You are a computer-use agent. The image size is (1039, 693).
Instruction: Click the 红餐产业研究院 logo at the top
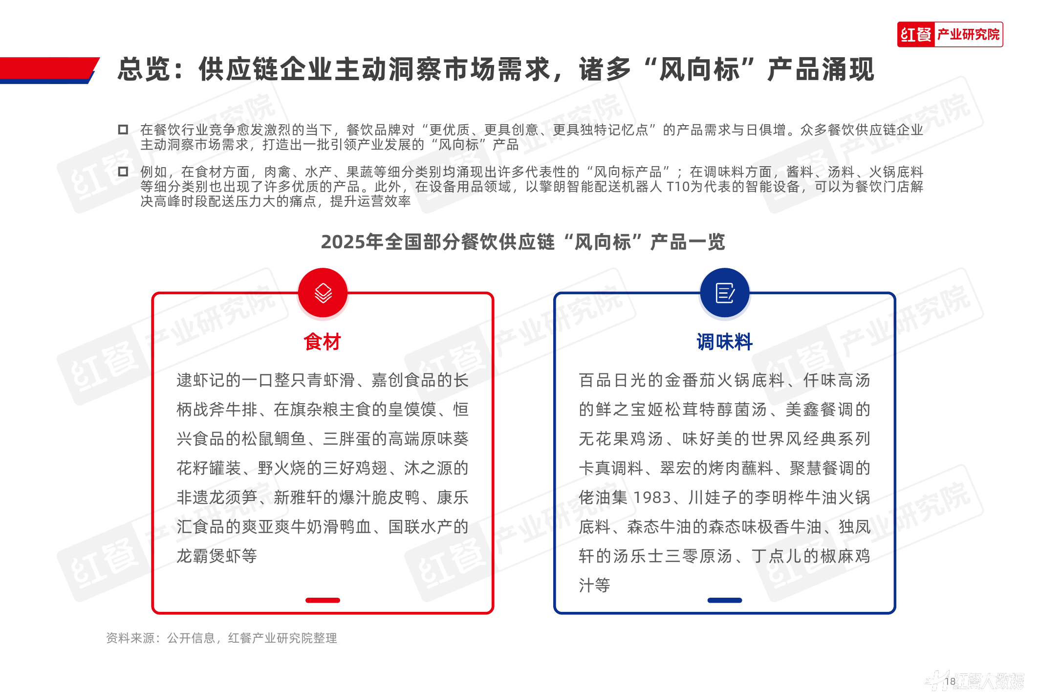click(950, 34)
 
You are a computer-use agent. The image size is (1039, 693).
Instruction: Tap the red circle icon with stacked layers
click(323, 293)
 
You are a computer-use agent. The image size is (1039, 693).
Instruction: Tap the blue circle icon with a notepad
click(725, 293)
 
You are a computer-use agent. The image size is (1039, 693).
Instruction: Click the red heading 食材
click(322, 342)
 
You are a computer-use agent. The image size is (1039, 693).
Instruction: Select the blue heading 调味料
click(725, 342)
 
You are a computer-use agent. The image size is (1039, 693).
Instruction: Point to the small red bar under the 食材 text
click(323, 600)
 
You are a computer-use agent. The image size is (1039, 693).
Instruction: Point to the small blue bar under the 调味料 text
click(725, 600)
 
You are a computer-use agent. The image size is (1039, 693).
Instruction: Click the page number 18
click(950, 681)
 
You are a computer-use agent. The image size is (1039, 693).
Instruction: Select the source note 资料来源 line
click(221, 638)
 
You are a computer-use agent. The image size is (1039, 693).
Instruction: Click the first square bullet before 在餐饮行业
click(123, 130)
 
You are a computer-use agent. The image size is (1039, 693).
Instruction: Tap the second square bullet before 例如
click(123, 172)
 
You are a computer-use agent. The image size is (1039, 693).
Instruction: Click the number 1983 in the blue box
click(652, 498)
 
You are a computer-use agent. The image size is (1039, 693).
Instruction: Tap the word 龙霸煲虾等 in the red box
click(216, 556)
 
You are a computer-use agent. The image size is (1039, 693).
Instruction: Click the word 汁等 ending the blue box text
click(594, 585)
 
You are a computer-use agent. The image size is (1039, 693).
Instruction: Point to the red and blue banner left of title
click(49, 70)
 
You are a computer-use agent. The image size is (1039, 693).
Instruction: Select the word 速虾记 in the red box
click(201, 380)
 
